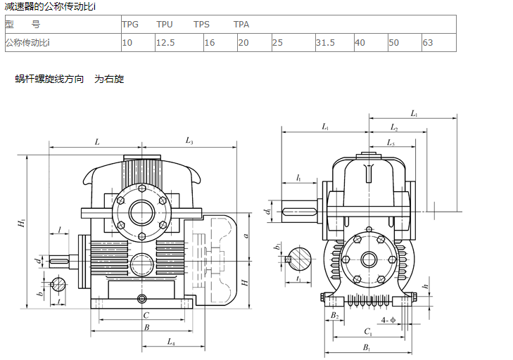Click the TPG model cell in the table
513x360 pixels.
coord(130,24)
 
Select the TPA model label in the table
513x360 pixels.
coord(241,24)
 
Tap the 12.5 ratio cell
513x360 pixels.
coord(165,42)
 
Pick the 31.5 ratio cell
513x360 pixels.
coord(325,42)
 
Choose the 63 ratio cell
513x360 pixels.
coord(428,42)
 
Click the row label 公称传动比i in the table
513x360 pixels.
coord(27,42)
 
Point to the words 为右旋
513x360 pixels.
coord(109,79)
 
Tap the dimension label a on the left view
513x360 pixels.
coord(246,236)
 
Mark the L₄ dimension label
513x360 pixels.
coord(171,342)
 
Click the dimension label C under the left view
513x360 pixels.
coord(146,315)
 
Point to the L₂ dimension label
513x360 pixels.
coord(395,129)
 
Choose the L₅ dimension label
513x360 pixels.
coord(391,143)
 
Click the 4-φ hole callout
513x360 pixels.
coord(388,320)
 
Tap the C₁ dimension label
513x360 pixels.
coord(368,330)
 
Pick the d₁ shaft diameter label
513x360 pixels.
coord(267,210)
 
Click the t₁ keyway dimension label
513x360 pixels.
coord(299,279)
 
